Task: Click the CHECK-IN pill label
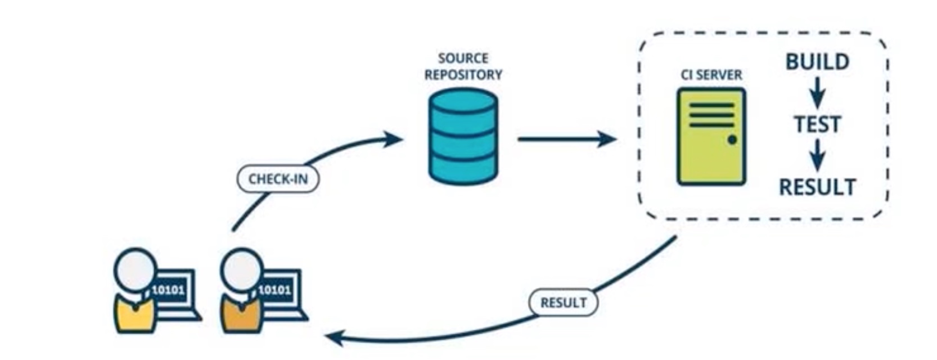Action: [278, 179]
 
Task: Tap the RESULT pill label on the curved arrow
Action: [563, 303]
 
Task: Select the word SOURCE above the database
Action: [463, 58]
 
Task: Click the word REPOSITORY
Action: [463, 74]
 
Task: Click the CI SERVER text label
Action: [711, 75]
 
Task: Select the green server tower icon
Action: [711, 136]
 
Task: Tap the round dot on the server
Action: [732, 139]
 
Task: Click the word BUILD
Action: [817, 62]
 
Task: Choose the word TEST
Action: [817, 124]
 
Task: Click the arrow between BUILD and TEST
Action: [817, 93]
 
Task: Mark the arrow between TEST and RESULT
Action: [817, 155]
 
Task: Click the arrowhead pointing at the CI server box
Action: [607, 138]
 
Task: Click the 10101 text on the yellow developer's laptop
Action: [168, 290]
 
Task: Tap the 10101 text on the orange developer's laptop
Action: [274, 290]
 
